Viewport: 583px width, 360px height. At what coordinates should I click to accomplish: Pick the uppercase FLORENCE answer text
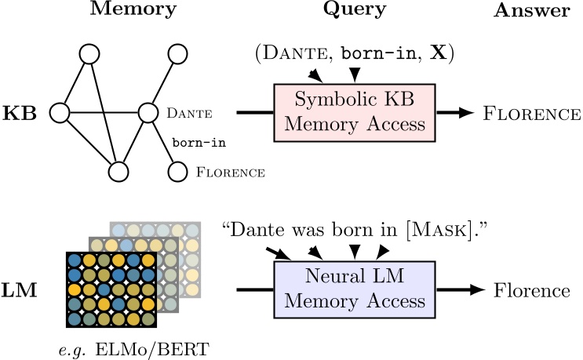pyautogui.click(x=532, y=114)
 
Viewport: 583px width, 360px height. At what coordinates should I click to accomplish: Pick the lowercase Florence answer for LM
pyautogui.click(x=532, y=291)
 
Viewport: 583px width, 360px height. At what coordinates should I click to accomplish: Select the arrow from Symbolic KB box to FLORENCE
pyautogui.click(x=455, y=113)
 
